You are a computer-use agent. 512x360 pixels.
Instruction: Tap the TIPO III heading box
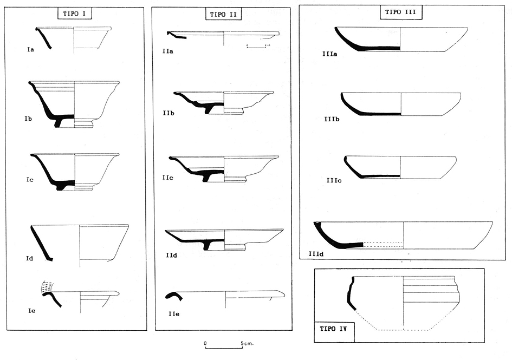coord(400,11)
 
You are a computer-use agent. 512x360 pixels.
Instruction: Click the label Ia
coord(31,50)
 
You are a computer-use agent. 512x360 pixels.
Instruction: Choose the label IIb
coord(168,114)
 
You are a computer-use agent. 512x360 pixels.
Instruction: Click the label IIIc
coord(334,181)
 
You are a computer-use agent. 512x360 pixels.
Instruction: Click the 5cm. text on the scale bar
coord(247,343)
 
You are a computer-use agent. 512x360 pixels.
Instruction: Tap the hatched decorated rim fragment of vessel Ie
coord(48,289)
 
